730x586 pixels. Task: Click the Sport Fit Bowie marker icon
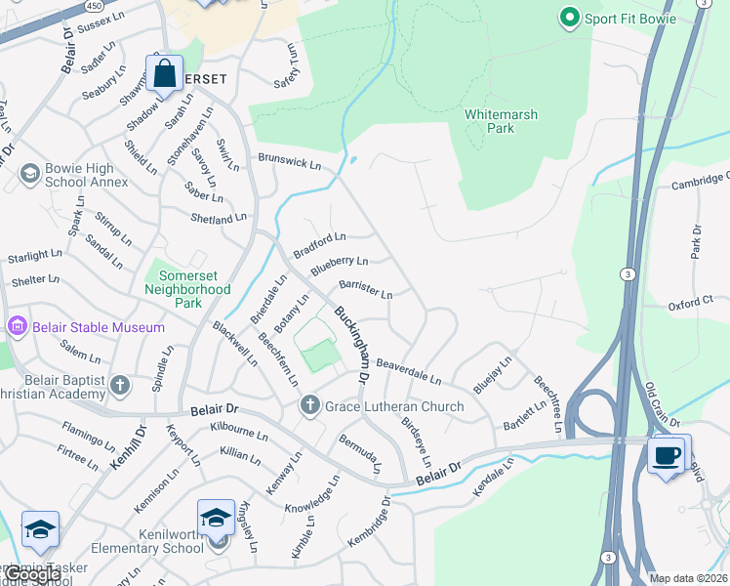coord(569,18)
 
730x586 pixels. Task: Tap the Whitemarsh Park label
coord(502,121)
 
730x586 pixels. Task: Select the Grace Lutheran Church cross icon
coord(310,404)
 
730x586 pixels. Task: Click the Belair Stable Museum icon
coord(17,326)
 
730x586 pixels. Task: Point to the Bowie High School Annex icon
coord(29,175)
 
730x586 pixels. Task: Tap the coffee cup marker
coord(669,455)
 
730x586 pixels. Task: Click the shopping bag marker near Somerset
coord(165,73)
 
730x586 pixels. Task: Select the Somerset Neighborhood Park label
coord(187,283)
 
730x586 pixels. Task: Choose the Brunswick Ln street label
coord(289,161)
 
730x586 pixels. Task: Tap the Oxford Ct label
coord(692,305)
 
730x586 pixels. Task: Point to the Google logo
coord(31,575)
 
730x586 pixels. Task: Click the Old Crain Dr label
coord(661,402)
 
